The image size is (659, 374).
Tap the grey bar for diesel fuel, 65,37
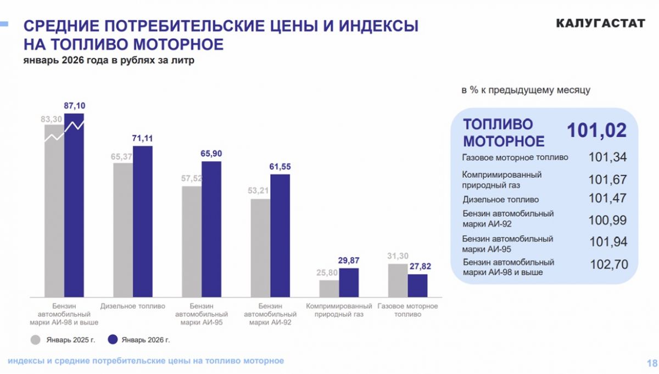coord(123,229)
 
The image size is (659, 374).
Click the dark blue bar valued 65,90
coord(211,229)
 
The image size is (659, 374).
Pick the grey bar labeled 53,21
coord(261,247)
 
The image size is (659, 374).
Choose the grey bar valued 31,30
coord(398,280)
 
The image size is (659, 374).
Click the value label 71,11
coord(143,138)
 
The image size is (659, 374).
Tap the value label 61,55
coord(280,166)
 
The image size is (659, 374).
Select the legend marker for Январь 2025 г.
coord(36,340)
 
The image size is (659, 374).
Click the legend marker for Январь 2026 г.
coord(113,340)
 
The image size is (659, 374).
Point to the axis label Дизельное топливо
coord(133,306)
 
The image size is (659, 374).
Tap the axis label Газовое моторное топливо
coord(407,310)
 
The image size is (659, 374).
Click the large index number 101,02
coord(596,131)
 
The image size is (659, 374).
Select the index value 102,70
coord(608,264)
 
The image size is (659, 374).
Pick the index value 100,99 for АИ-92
coord(607,220)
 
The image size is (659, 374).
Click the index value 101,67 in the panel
coord(607,179)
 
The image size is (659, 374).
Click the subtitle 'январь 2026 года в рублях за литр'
coord(109,61)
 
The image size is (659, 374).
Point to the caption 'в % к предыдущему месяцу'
coord(526,90)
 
